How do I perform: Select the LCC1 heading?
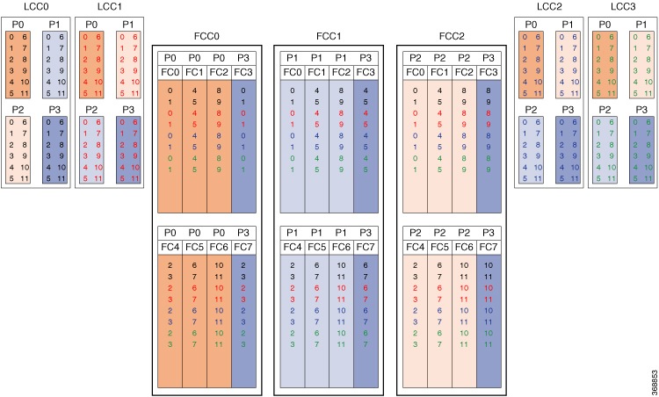coord(109,7)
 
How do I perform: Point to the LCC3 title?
coord(624,7)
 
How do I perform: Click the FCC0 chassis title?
coord(206,38)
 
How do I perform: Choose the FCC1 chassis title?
coord(328,38)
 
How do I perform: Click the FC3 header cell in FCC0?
coord(243,71)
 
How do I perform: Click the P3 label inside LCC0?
coord(53,109)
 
